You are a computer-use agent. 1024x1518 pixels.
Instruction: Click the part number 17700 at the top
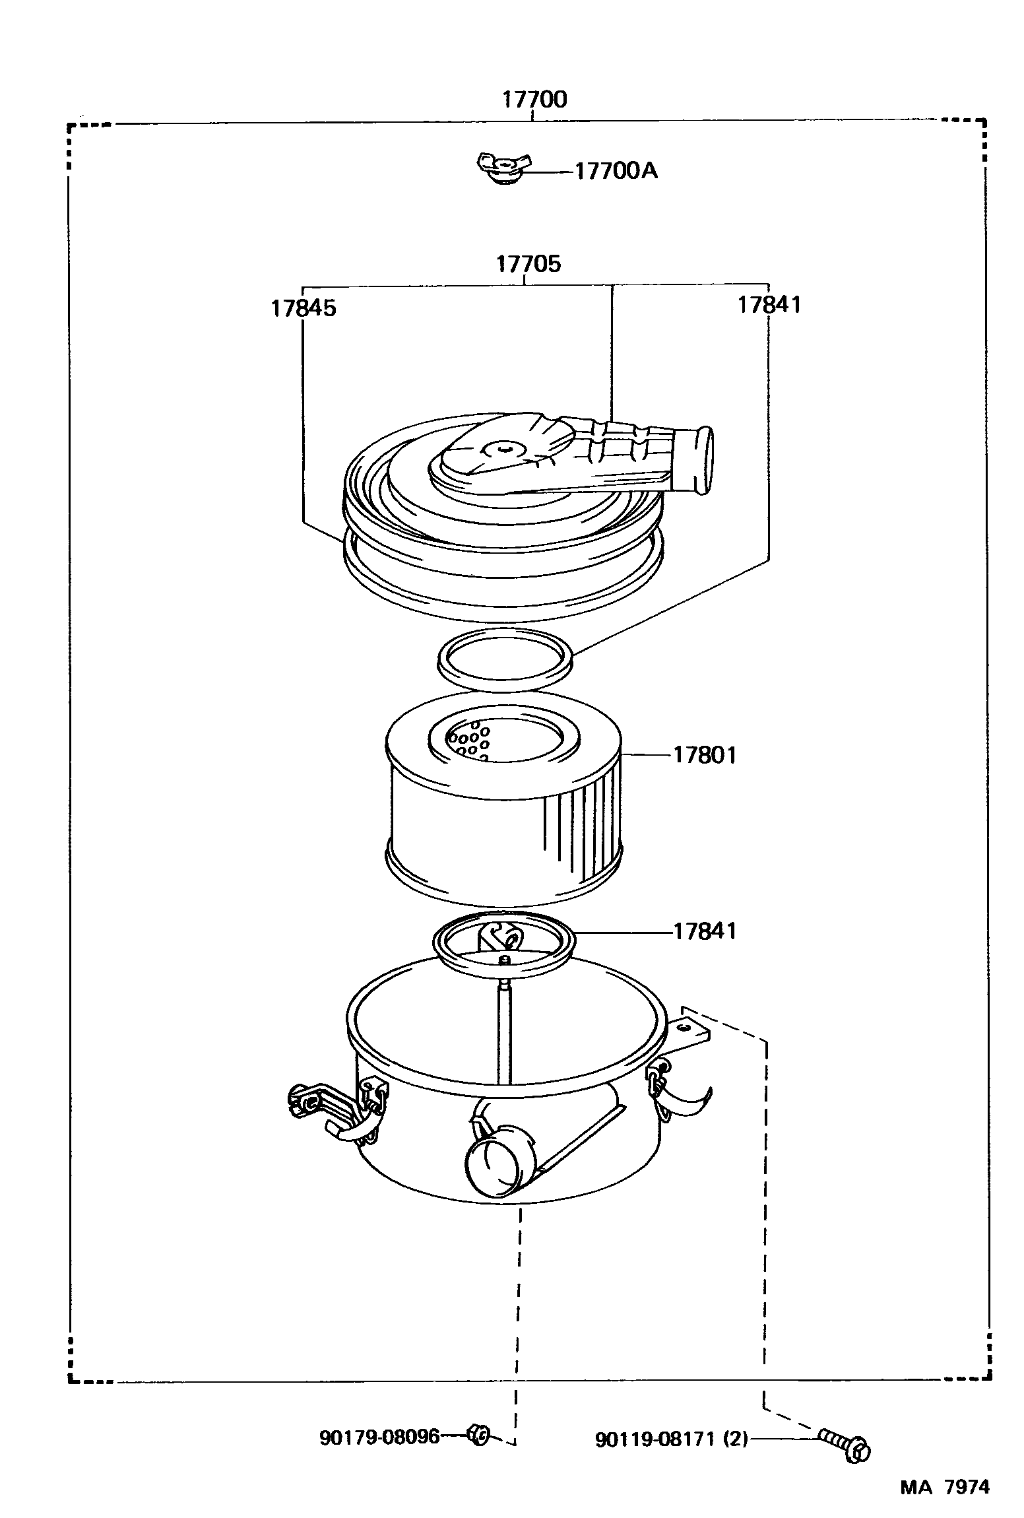pyautogui.click(x=534, y=100)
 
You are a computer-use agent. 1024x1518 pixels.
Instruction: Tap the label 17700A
pyautogui.click(x=616, y=171)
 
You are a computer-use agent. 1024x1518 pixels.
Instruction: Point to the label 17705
pyautogui.click(x=528, y=264)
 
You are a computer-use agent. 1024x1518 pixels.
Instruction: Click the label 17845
pyautogui.click(x=303, y=308)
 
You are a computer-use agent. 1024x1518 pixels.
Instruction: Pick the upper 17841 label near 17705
pyautogui.click(x=769, y=305)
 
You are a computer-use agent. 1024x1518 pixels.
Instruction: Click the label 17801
pyautogui.click(x=704, y=755)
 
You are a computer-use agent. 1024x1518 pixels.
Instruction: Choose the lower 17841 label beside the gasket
pyautogui.click(x=704, y=931)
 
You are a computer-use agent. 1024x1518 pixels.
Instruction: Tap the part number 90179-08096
pyautogui.click(x=379, y=1437)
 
